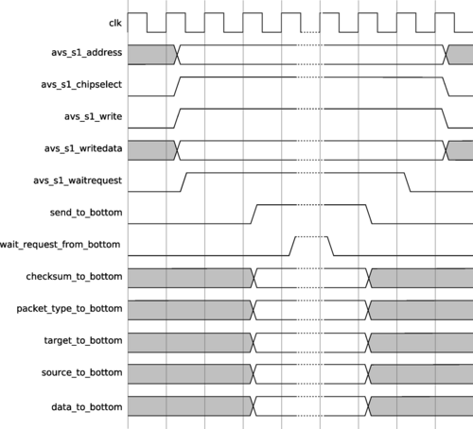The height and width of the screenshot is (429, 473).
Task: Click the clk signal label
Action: click(x=115, y=23)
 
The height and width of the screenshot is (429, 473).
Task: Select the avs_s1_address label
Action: click(x=87, y=52)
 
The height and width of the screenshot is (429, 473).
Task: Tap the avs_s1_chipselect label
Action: click(x=81, y=84)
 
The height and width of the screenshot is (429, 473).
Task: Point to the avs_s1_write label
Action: click(x=94, y=116)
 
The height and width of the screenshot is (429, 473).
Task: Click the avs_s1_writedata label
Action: click(x=83, y=148)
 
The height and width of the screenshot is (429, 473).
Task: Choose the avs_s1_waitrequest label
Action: click(x=78, y=180)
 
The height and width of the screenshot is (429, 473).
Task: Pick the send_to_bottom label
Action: click(x=86, y=213)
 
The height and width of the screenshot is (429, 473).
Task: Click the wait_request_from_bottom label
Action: click(x=60, y=245)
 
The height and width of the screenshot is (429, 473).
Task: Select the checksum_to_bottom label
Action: click(x=74, y=277)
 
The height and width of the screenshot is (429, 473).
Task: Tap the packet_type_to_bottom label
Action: click(x=69, y=309)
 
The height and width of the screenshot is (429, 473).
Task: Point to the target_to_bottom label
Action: click(x=83, y=340)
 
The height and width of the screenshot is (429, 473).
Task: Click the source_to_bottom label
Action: click(x=82, y=372)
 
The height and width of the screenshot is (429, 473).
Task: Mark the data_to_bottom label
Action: click(x=87, y=407)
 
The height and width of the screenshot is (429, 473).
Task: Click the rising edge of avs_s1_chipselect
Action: click(x=177, y=86)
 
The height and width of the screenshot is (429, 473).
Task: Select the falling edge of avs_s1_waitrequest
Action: click(x=408, y=182)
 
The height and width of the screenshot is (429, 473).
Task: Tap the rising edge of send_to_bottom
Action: click(x=254, y=214)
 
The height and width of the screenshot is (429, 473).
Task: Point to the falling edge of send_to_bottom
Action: click(x=369, y=214)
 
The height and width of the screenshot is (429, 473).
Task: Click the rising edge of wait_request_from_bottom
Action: click(x=292, y=246)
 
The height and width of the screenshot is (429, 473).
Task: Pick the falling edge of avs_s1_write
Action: click(x=446, y=118)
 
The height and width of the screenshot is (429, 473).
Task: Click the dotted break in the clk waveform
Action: click(x=310, y=32)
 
